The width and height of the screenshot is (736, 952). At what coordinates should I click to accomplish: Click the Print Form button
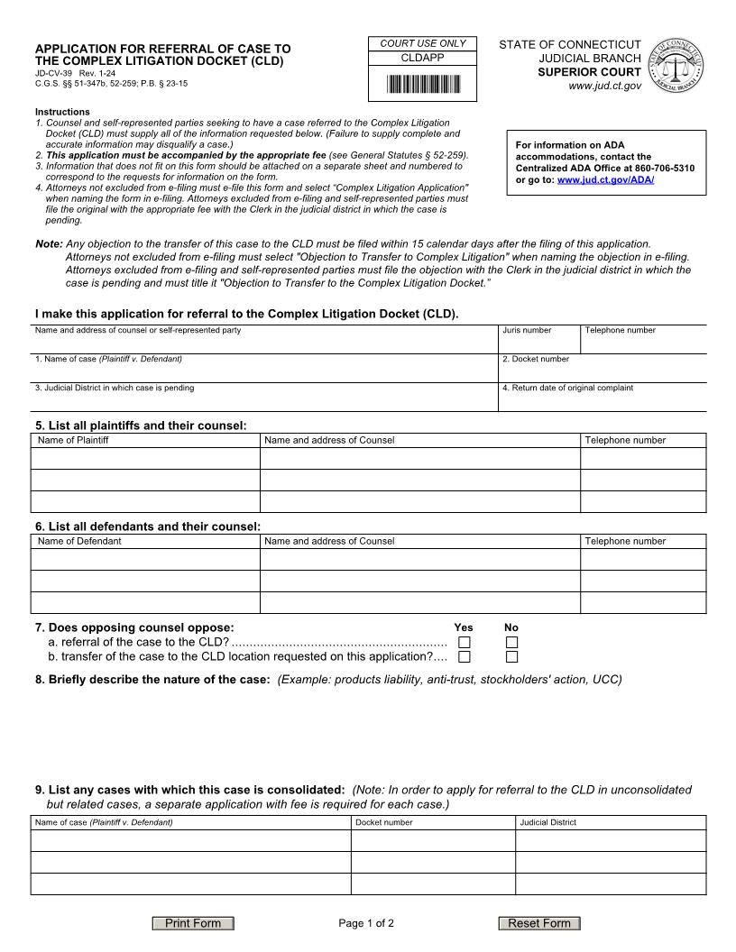click(x=192, y=923)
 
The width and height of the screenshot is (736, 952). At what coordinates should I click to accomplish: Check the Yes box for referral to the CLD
click(x=465, y=643)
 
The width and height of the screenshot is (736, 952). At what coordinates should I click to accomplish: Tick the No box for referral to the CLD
click(x=511, y=643)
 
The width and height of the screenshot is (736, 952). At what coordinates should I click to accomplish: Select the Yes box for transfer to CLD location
click(x=465, y=657)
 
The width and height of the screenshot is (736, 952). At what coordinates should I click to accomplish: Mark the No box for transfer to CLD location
click(x=511, y=657)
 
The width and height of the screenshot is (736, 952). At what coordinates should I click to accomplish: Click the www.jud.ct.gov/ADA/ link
click(x=605, y=180)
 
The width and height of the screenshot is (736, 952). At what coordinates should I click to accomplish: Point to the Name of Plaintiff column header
click(x=73, y=440)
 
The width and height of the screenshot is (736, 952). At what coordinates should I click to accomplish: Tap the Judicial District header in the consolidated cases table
click(x=547, y=822)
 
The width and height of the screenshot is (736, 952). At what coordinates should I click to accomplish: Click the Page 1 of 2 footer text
click(x=366, y=923)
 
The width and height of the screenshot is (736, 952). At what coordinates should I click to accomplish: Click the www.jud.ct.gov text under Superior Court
click(x=605, y=86)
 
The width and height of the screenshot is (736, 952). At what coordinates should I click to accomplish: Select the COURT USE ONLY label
click(x=423, y=43)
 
